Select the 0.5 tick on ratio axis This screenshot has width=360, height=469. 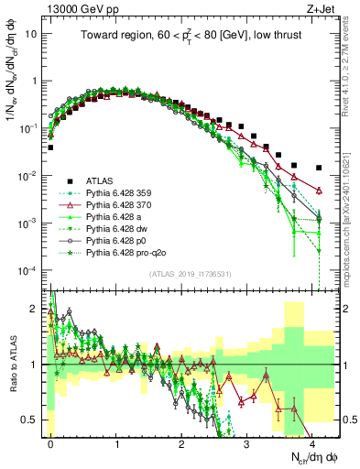tap(34, 420)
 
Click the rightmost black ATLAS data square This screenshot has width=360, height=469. tap(318, 168)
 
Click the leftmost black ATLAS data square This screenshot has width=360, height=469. tap(50, 147)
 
